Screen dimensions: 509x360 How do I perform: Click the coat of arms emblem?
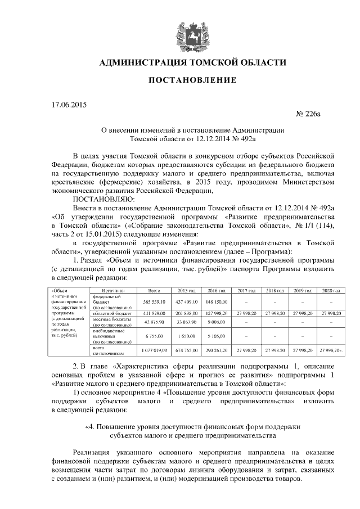[x=191, y=33]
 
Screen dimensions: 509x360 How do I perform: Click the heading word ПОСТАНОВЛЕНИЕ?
[x=192, y=81]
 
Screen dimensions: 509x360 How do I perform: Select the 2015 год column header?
[x=186, y=291]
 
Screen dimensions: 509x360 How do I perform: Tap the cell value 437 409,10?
[x=186, y=302]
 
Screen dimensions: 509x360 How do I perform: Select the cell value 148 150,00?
[x=217, y=302]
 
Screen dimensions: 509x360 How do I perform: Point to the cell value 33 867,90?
[x=186, y=322]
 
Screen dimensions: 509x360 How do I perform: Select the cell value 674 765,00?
[x=186, y=350]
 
